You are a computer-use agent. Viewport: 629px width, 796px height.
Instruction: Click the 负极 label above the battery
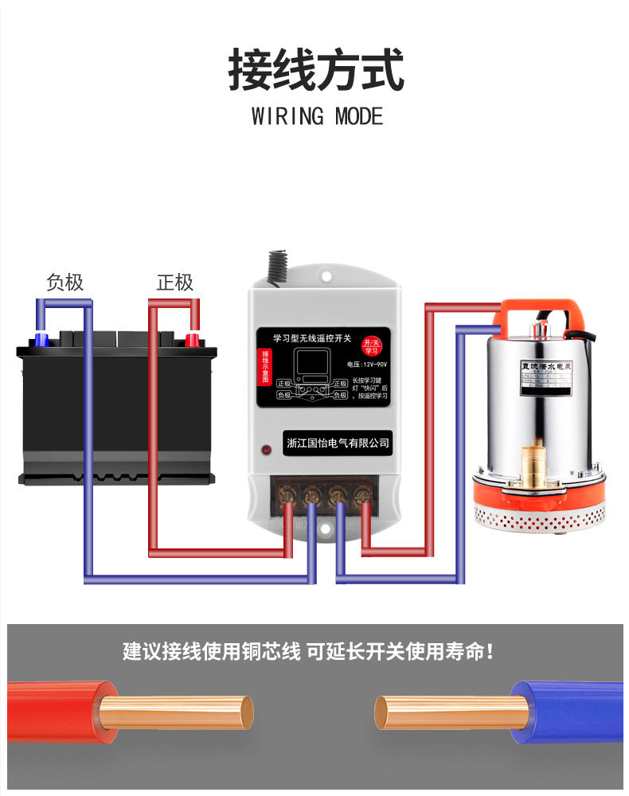pos(64,283)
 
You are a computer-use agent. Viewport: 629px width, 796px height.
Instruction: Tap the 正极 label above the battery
pos(174,283)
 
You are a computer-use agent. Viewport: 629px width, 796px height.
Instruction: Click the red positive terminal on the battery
pos(192,340)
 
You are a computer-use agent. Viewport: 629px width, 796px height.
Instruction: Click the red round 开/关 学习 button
pos(370,345)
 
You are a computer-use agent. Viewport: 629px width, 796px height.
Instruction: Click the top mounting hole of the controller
pos(326,275)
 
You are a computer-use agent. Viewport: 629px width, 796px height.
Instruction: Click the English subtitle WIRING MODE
pos(317,116)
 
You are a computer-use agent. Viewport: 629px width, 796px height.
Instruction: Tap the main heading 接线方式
pos(316,70)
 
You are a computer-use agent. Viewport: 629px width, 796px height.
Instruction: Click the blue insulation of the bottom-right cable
pos(565,711)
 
